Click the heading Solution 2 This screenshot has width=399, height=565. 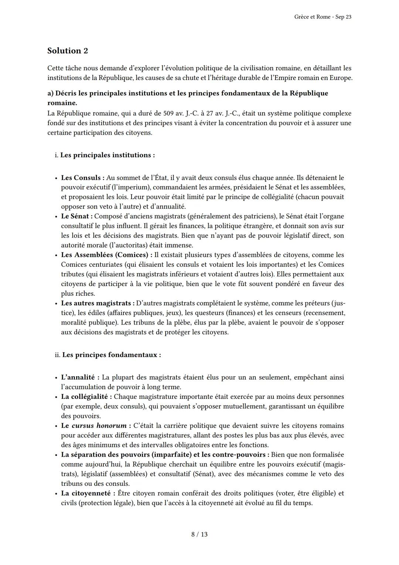point(68,51)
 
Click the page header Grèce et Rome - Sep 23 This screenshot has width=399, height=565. point(323,17)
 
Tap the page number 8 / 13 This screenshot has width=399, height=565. point(199,534)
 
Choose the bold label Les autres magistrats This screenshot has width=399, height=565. point(97,303)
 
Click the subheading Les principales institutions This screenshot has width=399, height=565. point(107,155)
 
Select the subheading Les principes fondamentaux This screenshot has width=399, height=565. point(111,355)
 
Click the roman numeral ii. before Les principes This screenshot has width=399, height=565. point(57,355)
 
